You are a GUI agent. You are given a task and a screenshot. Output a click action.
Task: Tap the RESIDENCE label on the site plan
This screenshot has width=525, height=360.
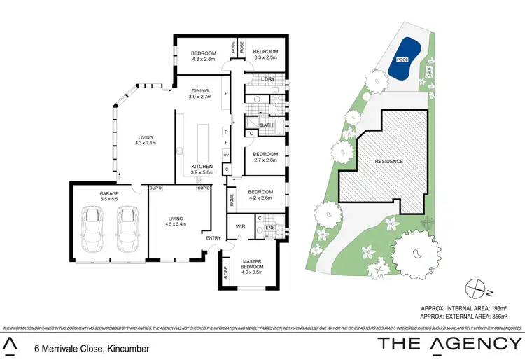tap(388, 161)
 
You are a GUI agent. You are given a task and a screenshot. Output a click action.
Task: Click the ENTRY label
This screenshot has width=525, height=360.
tap(212, 237)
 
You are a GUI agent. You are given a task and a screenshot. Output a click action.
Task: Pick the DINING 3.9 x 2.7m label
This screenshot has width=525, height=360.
tap(201, 94)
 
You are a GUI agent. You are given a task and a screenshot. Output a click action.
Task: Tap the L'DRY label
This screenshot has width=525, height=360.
tap(267, 79)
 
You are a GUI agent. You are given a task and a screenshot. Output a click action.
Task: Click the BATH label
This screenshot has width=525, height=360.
tap(267, 125)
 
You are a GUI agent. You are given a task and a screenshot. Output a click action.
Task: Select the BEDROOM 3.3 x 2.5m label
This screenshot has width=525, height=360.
tap(265, 55)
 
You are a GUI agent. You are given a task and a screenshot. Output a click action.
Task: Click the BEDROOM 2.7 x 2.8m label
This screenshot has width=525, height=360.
tap(265, 157)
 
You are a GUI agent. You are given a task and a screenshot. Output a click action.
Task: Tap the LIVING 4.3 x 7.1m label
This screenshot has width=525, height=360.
tap(146, 140)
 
